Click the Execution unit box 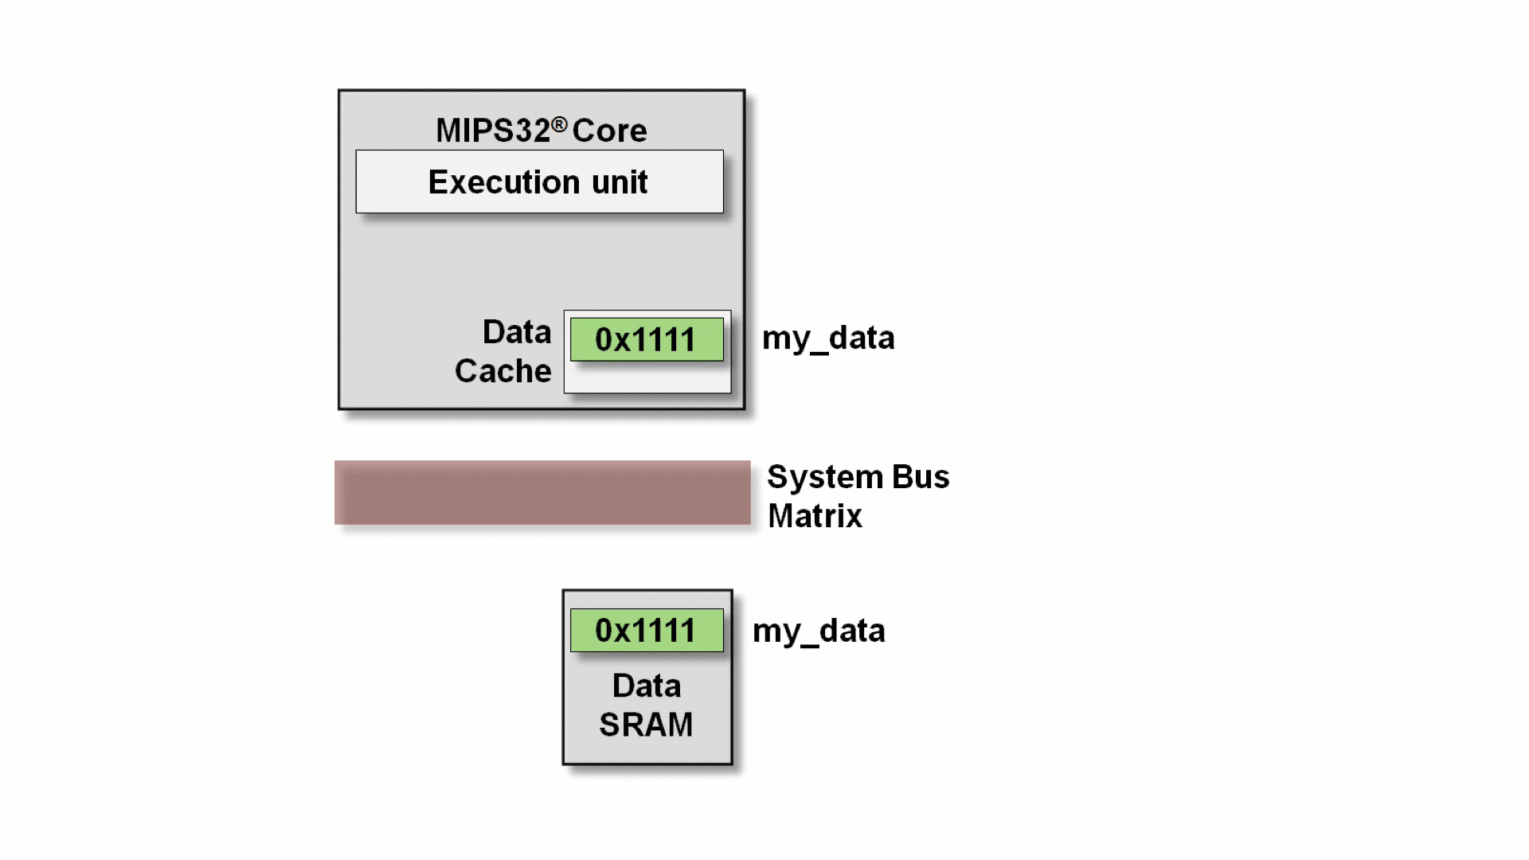(x=539, y=182)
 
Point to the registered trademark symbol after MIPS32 (x=559, y=124)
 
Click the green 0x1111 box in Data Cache (x=647, y=340)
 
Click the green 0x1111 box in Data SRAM (x=647, y=631)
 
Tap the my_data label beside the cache (x=828, y=338)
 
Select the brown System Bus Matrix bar (x=542, y=492)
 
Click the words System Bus (x=858, y=477)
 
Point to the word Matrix (x=815, y=516)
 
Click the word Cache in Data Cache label (x=502, y=371)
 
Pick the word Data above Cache (x=516, y=332)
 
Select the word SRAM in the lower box (x=646, y=725)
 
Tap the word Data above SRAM (x=646, y=686)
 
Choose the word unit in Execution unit (x=620, y=182)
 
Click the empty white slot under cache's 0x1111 (x=647, y=378)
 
